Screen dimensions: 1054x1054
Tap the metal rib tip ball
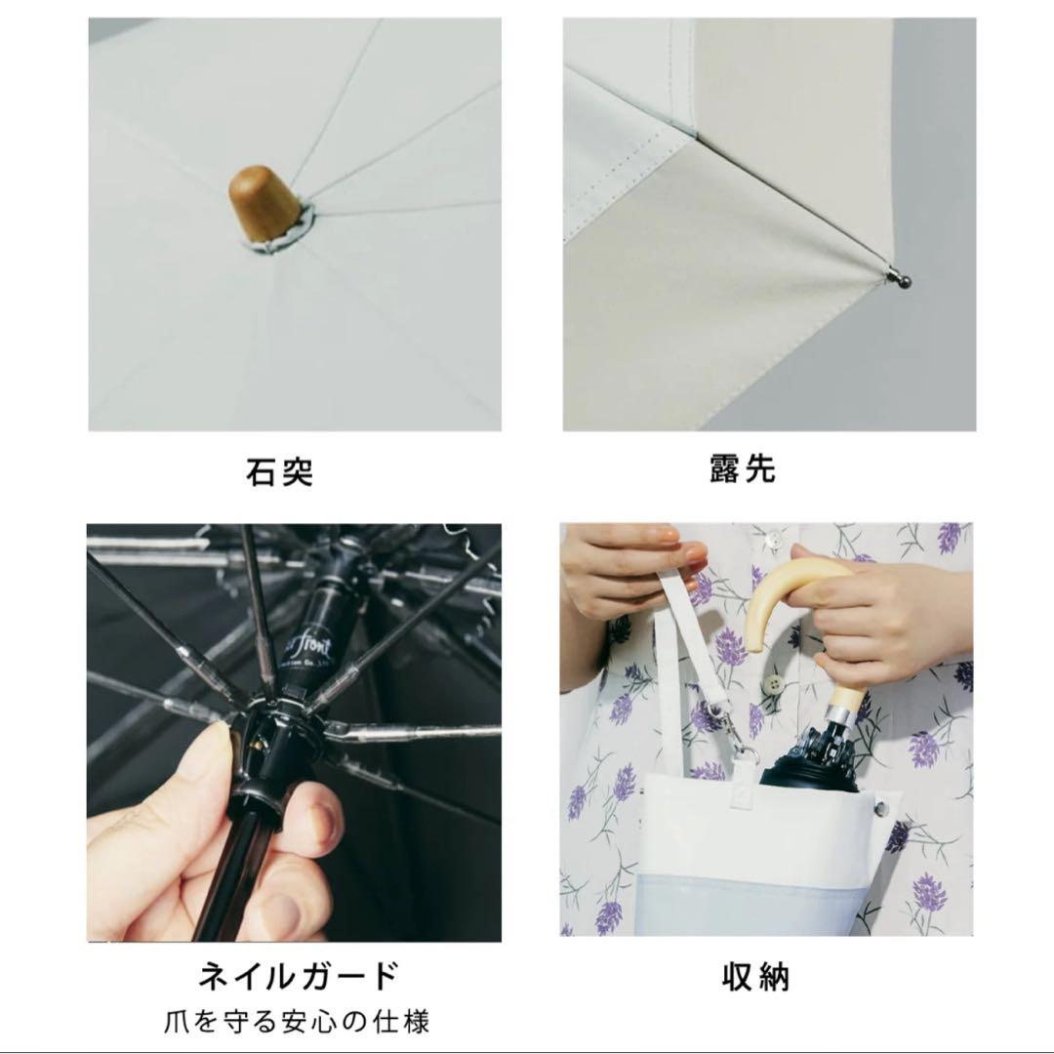tap(903, 281)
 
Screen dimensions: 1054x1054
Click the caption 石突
tap(279, 471)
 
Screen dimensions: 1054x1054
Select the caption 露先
tap(743, 468)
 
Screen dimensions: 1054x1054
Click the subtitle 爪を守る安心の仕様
tap(297, 1023)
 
